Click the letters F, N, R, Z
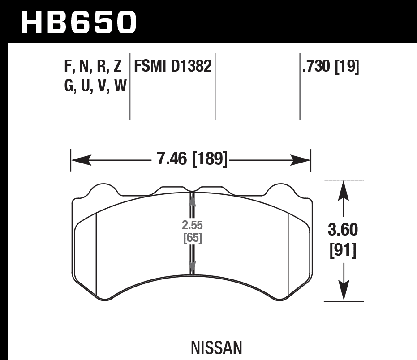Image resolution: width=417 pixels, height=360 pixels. [93, 66]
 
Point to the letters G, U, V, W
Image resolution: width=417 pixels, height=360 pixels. [95, 85]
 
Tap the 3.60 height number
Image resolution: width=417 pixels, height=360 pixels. [343, 230]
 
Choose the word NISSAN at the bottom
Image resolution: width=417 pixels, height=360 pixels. [216, 347]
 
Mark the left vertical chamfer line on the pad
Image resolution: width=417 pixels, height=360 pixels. [97, 255]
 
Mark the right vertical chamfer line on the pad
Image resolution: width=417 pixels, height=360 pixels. [288, 255]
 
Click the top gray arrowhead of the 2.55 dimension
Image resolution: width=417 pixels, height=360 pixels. [193, 199]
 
